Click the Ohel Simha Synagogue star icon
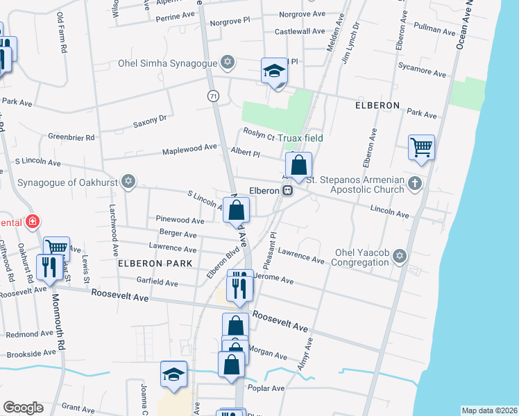(226, 62)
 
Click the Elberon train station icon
(286, 190)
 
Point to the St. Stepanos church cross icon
(414, 184)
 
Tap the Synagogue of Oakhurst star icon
(127, 182)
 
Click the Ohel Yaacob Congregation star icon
(398, 257)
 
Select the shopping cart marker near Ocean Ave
(421, 148)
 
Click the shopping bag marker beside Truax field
(298, 166)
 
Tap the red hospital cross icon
(31, 223)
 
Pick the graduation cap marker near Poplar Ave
(173, 375)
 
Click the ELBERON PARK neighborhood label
(150, 263)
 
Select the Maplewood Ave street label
(189, 149)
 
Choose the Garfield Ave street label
(158, 284)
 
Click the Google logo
(23, 408)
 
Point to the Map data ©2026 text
(489, 410)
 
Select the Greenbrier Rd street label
(71, 138)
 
